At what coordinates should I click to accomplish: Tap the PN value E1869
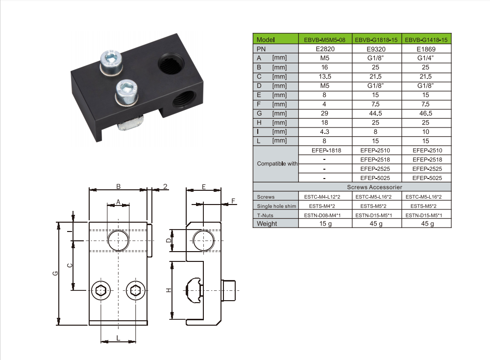(425, 49)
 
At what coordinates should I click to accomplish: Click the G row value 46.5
(425, 113)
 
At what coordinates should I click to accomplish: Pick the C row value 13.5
(325, 77)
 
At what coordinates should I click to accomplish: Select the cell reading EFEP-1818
(326, 150)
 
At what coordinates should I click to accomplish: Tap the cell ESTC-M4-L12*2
(325, 197)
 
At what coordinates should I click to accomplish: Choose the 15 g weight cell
(325, 224)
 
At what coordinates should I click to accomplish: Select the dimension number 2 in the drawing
(165, 186)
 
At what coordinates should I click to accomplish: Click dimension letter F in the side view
(233, 201)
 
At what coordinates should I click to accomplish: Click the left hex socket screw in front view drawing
(101, 290)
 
